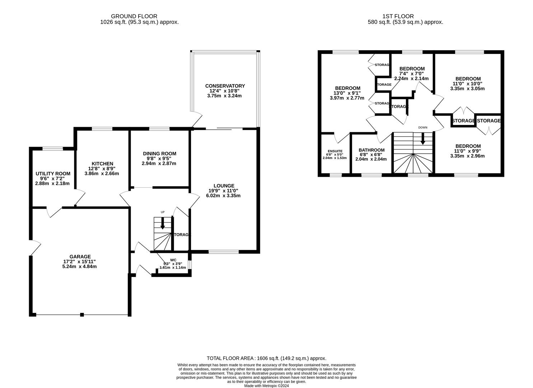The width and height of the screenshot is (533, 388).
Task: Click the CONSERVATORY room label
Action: (225, 86)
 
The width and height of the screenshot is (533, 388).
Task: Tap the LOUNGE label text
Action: (223, 186)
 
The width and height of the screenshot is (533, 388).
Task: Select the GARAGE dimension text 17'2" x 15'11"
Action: (80, 262)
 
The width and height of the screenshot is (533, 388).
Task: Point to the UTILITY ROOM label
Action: (53, 174)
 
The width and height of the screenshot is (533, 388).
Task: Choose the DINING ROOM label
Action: (159, 153)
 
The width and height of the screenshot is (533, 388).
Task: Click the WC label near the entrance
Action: (173, 259)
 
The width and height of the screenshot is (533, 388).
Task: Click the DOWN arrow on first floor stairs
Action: (423, 139)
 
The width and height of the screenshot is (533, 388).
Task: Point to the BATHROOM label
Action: (371, 150)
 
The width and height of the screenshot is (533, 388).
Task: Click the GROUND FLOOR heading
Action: (134, 16)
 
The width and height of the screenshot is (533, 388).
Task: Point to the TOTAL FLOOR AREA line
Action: (266, 358)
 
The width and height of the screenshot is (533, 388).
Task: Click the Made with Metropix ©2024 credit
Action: (266, 386)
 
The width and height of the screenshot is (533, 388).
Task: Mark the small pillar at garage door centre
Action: (82, 315)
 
